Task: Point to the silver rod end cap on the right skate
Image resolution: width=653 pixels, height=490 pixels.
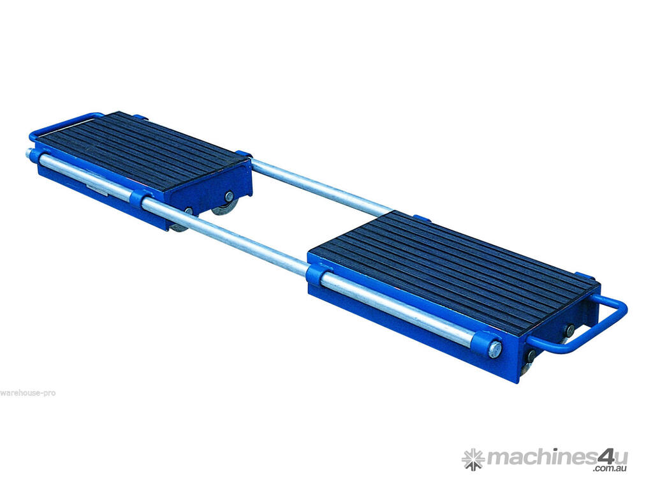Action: [x=495, y=349]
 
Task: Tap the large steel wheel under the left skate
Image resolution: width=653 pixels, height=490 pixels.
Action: [x=225, y=207]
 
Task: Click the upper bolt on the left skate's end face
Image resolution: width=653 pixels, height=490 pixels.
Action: [x=229, y=195]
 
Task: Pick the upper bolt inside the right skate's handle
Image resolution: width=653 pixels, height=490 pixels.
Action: [x=569, y=331]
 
